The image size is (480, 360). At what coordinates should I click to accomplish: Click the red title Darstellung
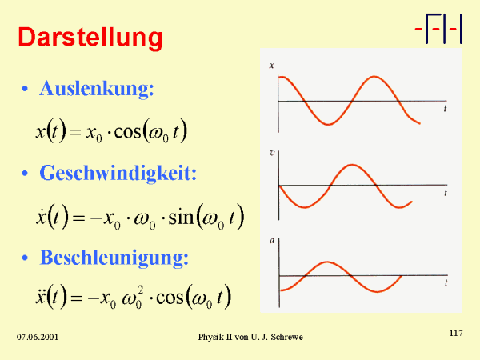coord(90,38)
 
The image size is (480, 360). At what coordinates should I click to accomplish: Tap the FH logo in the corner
coord(438,29)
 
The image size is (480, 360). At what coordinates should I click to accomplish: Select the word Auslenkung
coord(97,89)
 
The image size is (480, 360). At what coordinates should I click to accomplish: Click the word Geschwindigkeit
coord(118,173)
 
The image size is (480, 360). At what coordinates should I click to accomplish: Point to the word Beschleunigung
coord(114,258)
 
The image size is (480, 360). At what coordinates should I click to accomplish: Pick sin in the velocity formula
coord(182,217)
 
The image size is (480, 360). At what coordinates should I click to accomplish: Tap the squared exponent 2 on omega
coord(140,290)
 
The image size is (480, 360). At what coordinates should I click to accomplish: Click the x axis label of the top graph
coord(271,66)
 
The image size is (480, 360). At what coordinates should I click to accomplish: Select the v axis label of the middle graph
coord(272,153)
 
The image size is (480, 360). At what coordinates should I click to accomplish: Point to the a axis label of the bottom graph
coord(272,241)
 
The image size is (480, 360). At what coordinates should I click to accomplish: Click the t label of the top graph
coord(445,108)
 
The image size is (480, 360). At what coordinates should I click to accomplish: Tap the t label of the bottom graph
coord(446,283)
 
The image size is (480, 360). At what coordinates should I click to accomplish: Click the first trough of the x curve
coord(328,124)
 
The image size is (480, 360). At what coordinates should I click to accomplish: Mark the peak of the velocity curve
coord(352,165)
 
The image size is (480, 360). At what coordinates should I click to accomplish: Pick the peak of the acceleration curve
coord(327,262)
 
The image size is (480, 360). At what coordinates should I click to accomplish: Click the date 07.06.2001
coord(38,337)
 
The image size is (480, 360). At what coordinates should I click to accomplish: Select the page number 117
coord(456,333)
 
